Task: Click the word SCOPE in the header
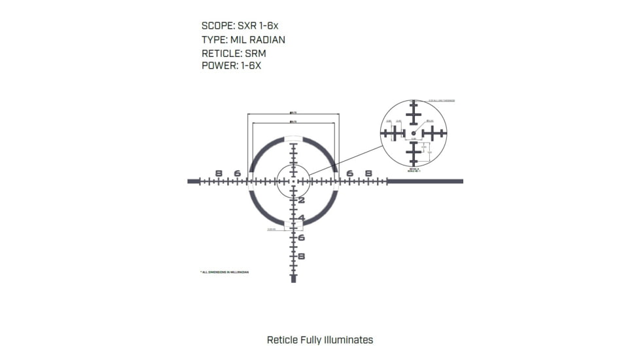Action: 215,26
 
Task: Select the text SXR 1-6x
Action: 260,26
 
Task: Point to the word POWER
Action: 216,65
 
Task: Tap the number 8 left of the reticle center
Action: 219,173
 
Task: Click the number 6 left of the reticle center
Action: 237,173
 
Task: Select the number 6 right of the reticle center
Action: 350,173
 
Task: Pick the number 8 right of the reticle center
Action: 368,173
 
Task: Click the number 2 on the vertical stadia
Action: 302,200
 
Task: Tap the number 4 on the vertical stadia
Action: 302,218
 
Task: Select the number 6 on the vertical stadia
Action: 302,237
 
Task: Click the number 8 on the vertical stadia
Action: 302,256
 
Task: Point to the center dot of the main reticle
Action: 293,181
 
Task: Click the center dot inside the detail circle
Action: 414,133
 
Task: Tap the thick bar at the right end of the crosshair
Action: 425,181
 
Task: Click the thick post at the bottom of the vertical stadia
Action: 293,278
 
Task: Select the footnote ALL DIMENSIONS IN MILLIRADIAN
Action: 224,272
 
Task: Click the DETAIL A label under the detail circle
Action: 413,170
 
